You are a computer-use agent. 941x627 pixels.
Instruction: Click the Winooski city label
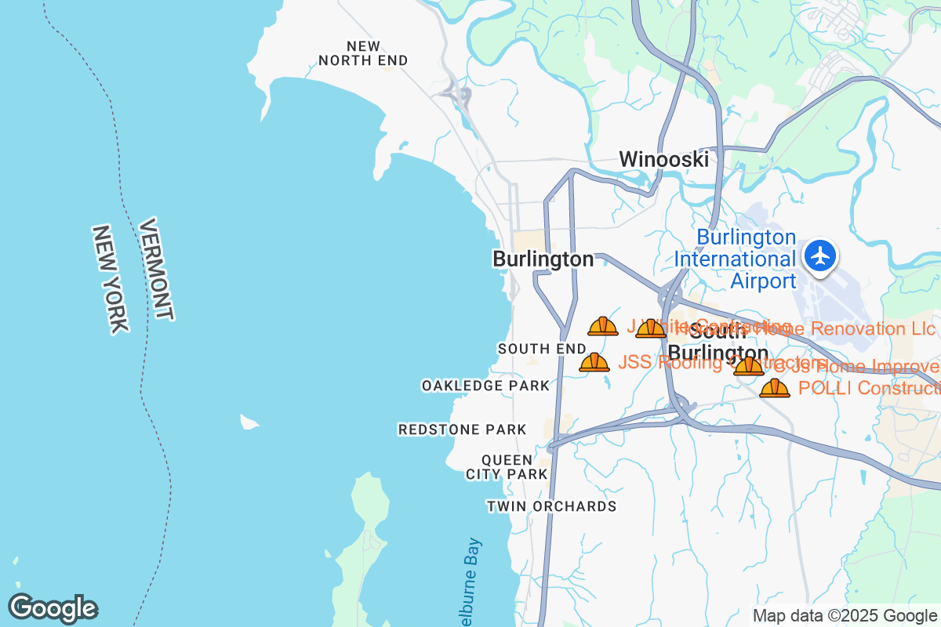tap(663, 159)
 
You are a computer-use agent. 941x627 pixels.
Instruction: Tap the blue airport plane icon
tap(821, 256)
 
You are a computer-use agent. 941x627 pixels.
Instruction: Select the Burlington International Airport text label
tap(736, 259)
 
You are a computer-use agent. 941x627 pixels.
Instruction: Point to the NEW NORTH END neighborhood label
tap(363, 53)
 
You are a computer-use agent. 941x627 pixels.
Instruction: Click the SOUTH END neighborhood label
tap(542, 348)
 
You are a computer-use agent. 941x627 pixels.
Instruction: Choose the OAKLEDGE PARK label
tap(485, 386)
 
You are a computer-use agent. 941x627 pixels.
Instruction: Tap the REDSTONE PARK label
tap(462, 429)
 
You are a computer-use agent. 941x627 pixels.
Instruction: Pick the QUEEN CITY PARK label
tap(507, 467)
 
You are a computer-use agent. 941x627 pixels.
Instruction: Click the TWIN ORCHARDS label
tap(551, 506)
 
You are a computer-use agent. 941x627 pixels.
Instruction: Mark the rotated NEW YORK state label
tap(110, 279)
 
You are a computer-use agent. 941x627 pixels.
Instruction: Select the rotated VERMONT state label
tap(155, 269)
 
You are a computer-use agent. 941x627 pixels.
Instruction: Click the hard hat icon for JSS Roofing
tap(594, 361)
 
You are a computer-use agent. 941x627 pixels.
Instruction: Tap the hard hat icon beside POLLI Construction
tap(775, 388)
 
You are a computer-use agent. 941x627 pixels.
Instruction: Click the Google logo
tap(53, 608)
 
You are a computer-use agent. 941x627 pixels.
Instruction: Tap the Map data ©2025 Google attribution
tap(845, 615)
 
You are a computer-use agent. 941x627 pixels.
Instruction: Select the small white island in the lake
tap(249, 422)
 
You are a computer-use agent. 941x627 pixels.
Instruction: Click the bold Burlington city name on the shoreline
tap(543, 259)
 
